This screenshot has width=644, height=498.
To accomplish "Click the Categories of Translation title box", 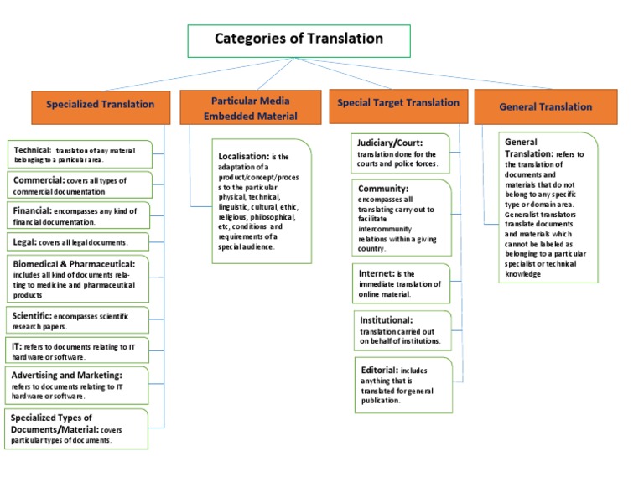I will point(299,39).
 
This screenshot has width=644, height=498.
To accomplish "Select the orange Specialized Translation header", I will point(101,105).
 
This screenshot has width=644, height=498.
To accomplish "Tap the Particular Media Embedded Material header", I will point(250,107).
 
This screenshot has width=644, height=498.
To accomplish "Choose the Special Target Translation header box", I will point(398,103).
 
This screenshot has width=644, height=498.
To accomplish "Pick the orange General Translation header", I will point(545,106).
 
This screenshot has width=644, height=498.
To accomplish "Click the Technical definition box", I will point(79,153).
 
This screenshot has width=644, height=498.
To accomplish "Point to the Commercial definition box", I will point(79,184).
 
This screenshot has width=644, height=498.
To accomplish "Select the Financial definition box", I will point(79,215).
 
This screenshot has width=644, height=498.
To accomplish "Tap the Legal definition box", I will point(79,242).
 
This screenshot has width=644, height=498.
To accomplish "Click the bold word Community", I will point(383,189).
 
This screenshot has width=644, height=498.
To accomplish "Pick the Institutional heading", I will point(386,319).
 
